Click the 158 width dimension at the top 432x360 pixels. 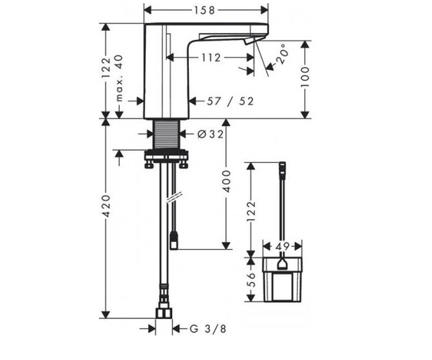pos(204,10)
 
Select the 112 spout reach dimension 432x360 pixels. pos(211,58)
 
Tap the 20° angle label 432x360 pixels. pos(283,54)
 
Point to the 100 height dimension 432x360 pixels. pos(305,77)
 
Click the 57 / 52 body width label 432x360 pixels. pos(230,102)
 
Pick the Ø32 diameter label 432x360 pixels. pos(210,135)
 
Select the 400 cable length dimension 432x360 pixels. pos(226,181)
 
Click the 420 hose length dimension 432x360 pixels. pos(106,206)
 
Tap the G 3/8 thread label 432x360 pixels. pos(208,329)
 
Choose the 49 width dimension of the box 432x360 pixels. pos(282,247)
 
